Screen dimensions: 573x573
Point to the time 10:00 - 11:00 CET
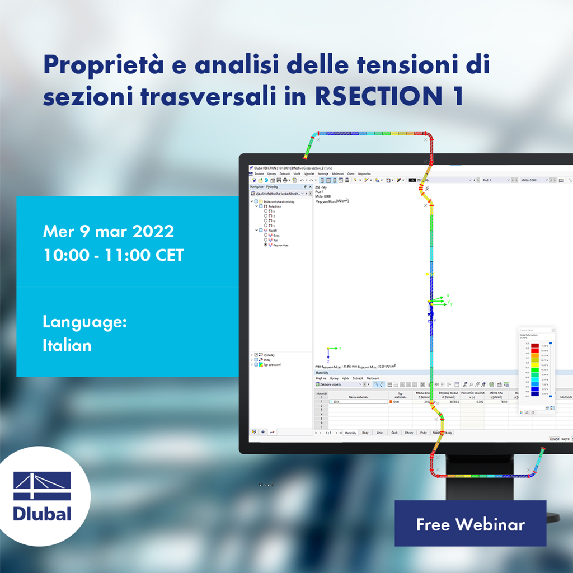113,255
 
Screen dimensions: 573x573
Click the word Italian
67,345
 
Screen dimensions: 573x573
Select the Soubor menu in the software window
259,174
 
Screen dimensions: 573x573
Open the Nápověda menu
364,174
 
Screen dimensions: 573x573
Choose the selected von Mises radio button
266,245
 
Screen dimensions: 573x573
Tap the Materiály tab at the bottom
350,433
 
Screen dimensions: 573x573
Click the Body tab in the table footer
365,433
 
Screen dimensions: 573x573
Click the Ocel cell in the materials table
396,402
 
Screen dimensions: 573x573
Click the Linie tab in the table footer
380,433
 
